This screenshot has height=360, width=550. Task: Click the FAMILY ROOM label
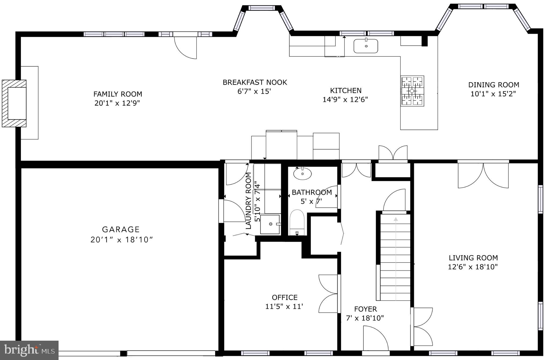[x=118, y=94]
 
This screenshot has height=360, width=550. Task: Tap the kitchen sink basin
[x=366, y=46]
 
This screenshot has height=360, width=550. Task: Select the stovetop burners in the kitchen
[x=412, y=91]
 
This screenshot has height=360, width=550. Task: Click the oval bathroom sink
[x=302, y=174]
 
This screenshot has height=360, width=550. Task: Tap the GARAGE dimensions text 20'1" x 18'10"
[x=121, y=240]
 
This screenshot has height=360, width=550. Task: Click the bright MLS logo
[x=29, y=350]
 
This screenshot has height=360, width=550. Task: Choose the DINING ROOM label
[x=494, y=85]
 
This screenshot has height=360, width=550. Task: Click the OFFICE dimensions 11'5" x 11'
[x=284, y=307]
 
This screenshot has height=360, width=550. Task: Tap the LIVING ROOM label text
[x=473, y=258]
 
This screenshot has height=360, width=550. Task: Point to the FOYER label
[x=365, y=309]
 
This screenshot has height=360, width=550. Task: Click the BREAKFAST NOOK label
[x=255, y=82]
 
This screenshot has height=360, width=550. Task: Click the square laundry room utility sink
[x=270, y=224]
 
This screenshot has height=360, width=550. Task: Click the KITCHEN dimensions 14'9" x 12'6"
[x=345, y=100]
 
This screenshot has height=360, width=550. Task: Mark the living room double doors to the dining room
[x=483, y=175]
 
